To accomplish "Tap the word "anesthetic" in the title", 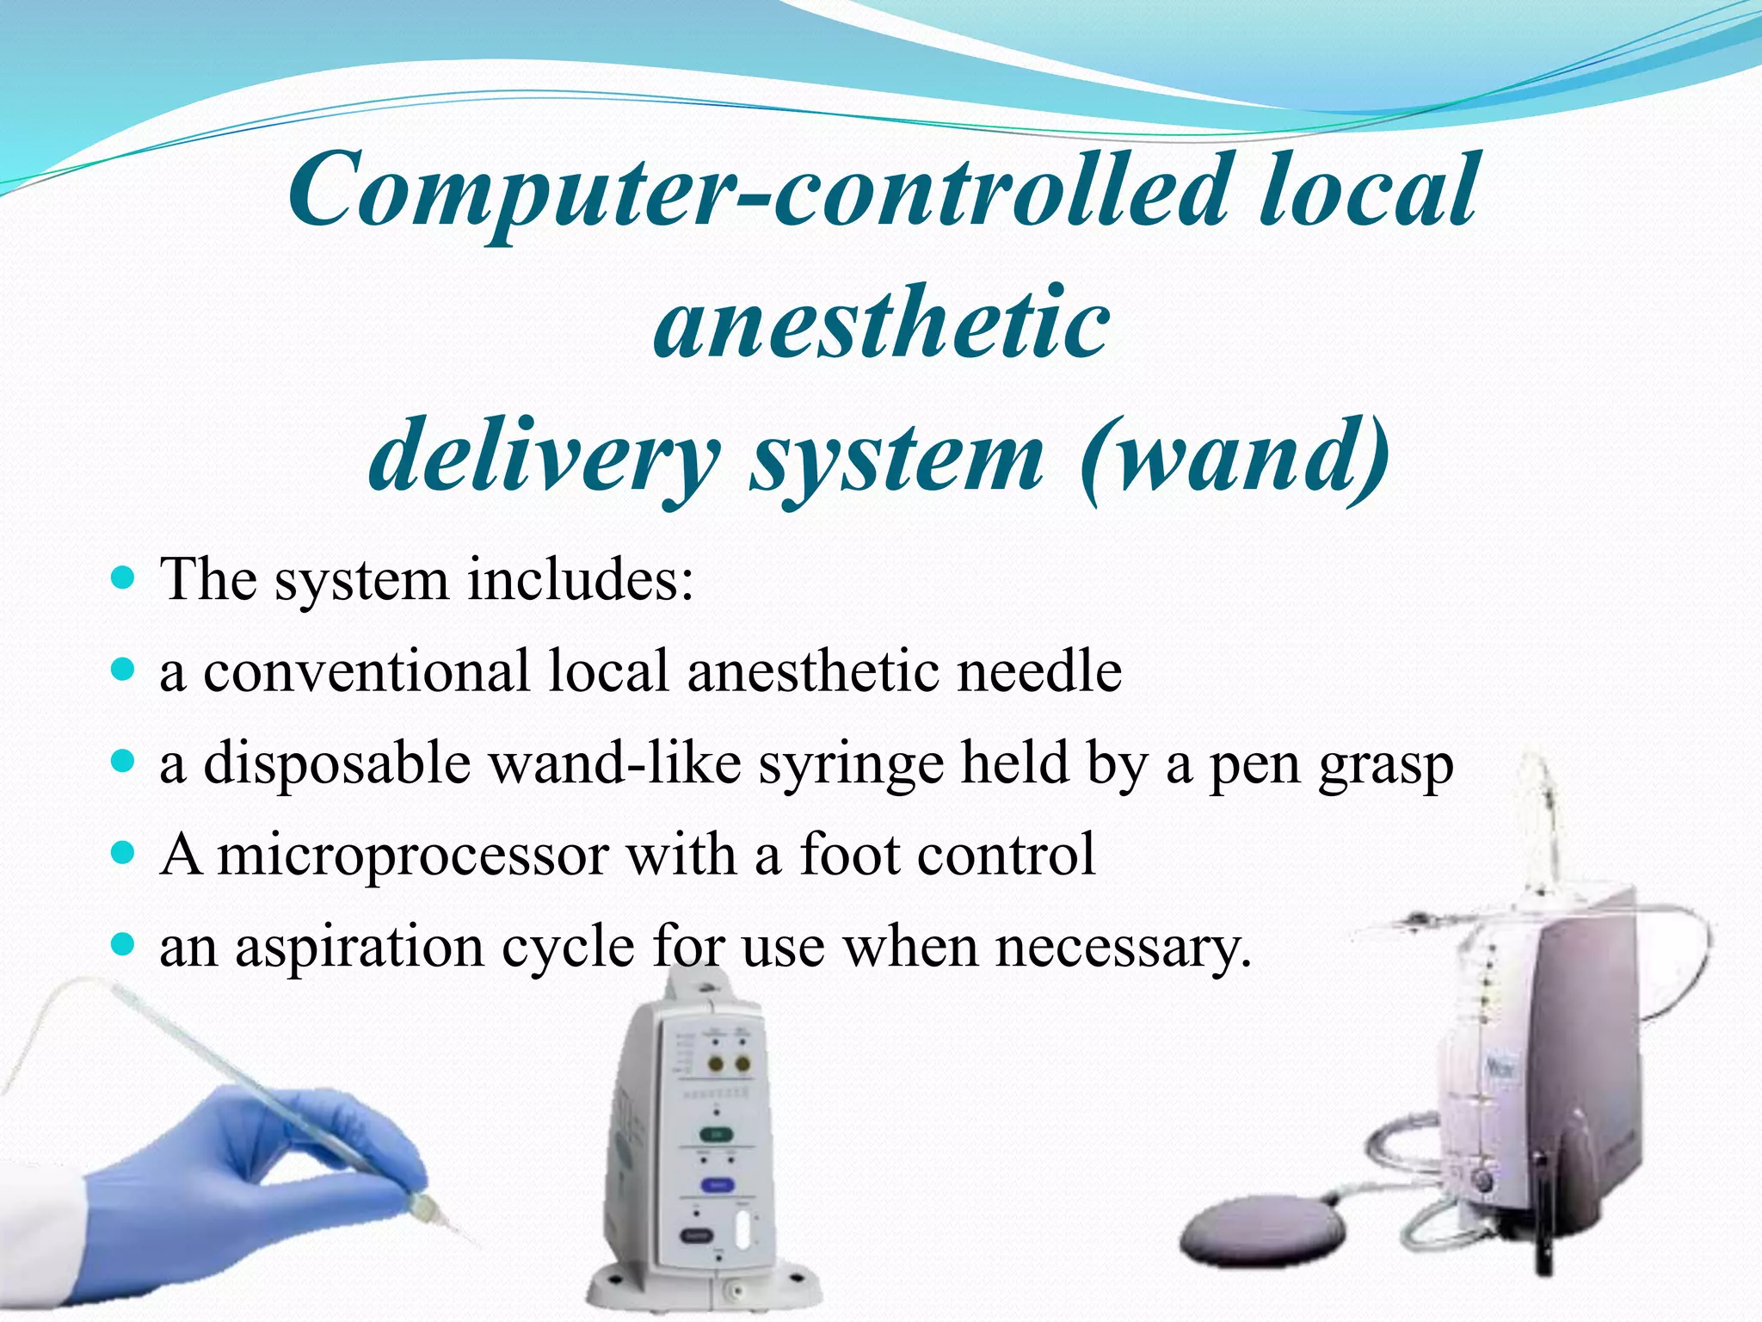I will pos(882,323).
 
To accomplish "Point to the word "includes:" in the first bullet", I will pos(580,578).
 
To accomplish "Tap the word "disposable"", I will pos(337,763).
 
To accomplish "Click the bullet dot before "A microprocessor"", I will pos(124,854).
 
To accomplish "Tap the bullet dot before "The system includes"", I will pos(124,577).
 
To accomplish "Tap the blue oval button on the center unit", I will pos(717,1185).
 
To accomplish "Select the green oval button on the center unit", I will pos(716,1134).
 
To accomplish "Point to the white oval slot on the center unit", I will pos(743,1229).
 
